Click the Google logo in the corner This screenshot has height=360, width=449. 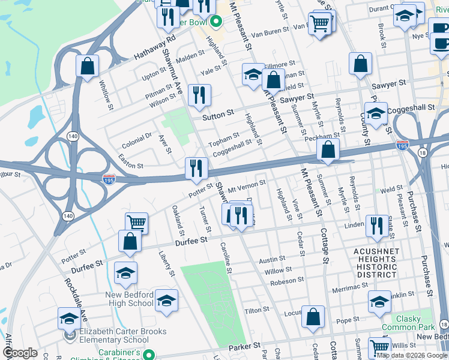click(20, 353)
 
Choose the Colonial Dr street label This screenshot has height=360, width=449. click(137, 140)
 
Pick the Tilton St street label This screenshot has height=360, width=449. click(256, 310)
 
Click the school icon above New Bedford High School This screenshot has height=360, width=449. click(125, 273)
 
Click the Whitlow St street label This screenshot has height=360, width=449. click(106, 96)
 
